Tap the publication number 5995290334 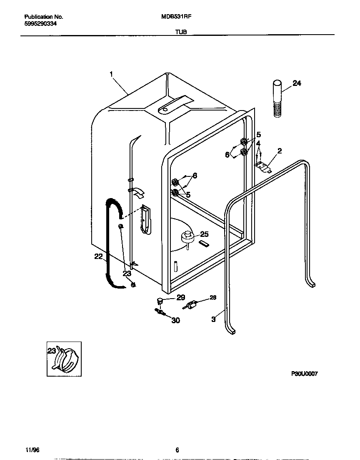[41, 24]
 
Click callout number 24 [297, 83]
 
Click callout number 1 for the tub [111, 74]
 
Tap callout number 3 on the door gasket [214, 319]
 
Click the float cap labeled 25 [188, 237]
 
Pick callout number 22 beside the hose [98, 256]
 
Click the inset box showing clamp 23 [64, 359]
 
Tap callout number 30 [176, 320]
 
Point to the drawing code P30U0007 [304, 374]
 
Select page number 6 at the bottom [177, 450]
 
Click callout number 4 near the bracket [259, 143]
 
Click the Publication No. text [44, 17]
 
